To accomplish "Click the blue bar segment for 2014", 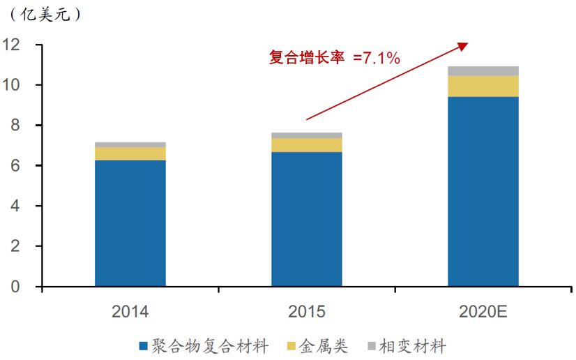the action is tap(130, 223).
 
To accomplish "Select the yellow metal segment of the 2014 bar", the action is tap(130, 153).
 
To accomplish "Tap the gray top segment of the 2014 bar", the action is tap(130, 144).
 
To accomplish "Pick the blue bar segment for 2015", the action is tap(307, 219).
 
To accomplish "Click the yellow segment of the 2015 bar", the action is tap(307, 145).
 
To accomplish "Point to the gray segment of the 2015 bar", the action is tap(307, 135).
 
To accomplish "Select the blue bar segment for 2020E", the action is tap(483, 191).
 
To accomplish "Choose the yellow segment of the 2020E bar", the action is tap(483, 87).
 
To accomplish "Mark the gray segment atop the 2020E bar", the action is tap(483, 71).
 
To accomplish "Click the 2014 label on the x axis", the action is tap(130, 312).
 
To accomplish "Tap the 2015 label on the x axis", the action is tap(307, 312).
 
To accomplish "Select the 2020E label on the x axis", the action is tap(483, 312).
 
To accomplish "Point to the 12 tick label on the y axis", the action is tap(11, 45).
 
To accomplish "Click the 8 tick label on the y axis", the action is tap(15, 126).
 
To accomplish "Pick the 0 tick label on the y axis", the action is tap(15, 286).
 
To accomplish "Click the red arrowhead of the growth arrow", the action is tap(463, 46).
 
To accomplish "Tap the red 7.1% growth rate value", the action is tap(381, 58).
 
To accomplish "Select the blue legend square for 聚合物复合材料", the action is tap(143, 346).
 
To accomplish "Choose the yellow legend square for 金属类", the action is tap(291, 346).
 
